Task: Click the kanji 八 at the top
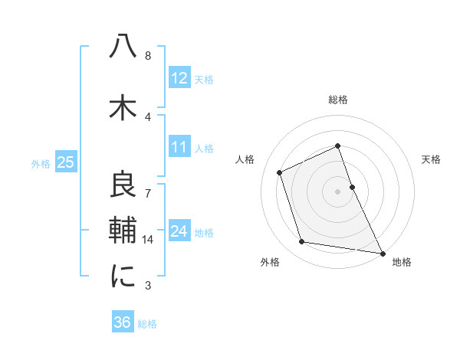coord(123,47)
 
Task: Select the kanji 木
coord(123,106)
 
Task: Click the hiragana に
coord(123,275)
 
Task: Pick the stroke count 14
coord(148,240)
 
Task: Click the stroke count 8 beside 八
coord(148,55)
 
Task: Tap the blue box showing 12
coord(179,78)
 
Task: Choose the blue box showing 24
coord(179,231)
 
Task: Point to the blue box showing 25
coord(65,162)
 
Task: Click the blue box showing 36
coord(122,322)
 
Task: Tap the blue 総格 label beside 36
coord(147,324)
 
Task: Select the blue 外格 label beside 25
coord(40,163)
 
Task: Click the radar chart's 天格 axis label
coord(432,159)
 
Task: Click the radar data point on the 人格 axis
coord(280,172)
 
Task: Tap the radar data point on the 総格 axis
coord(337,146)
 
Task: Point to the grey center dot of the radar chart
coord(337,191)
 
